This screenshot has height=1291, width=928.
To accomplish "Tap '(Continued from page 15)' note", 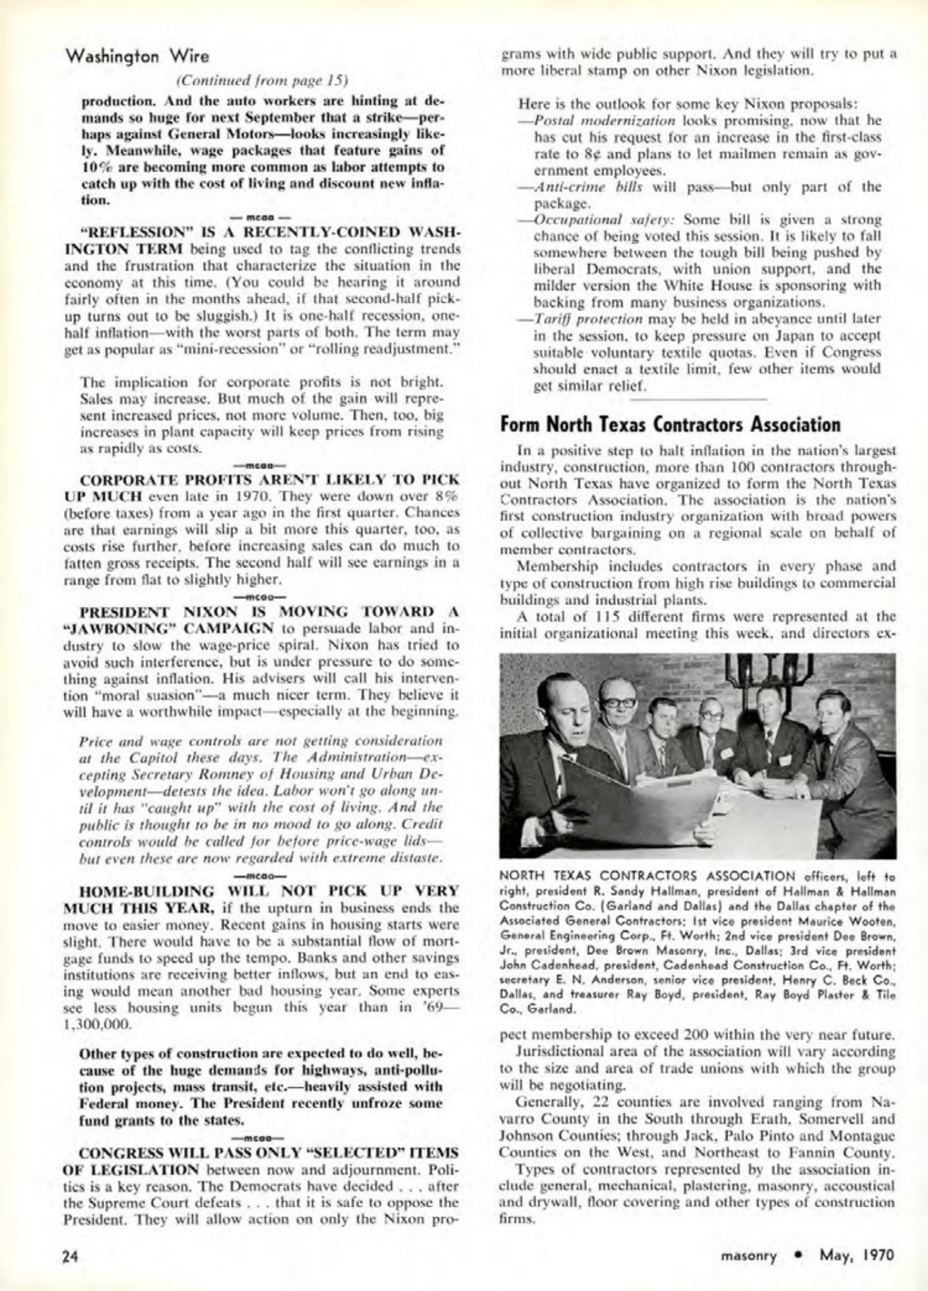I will point(262,81).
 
